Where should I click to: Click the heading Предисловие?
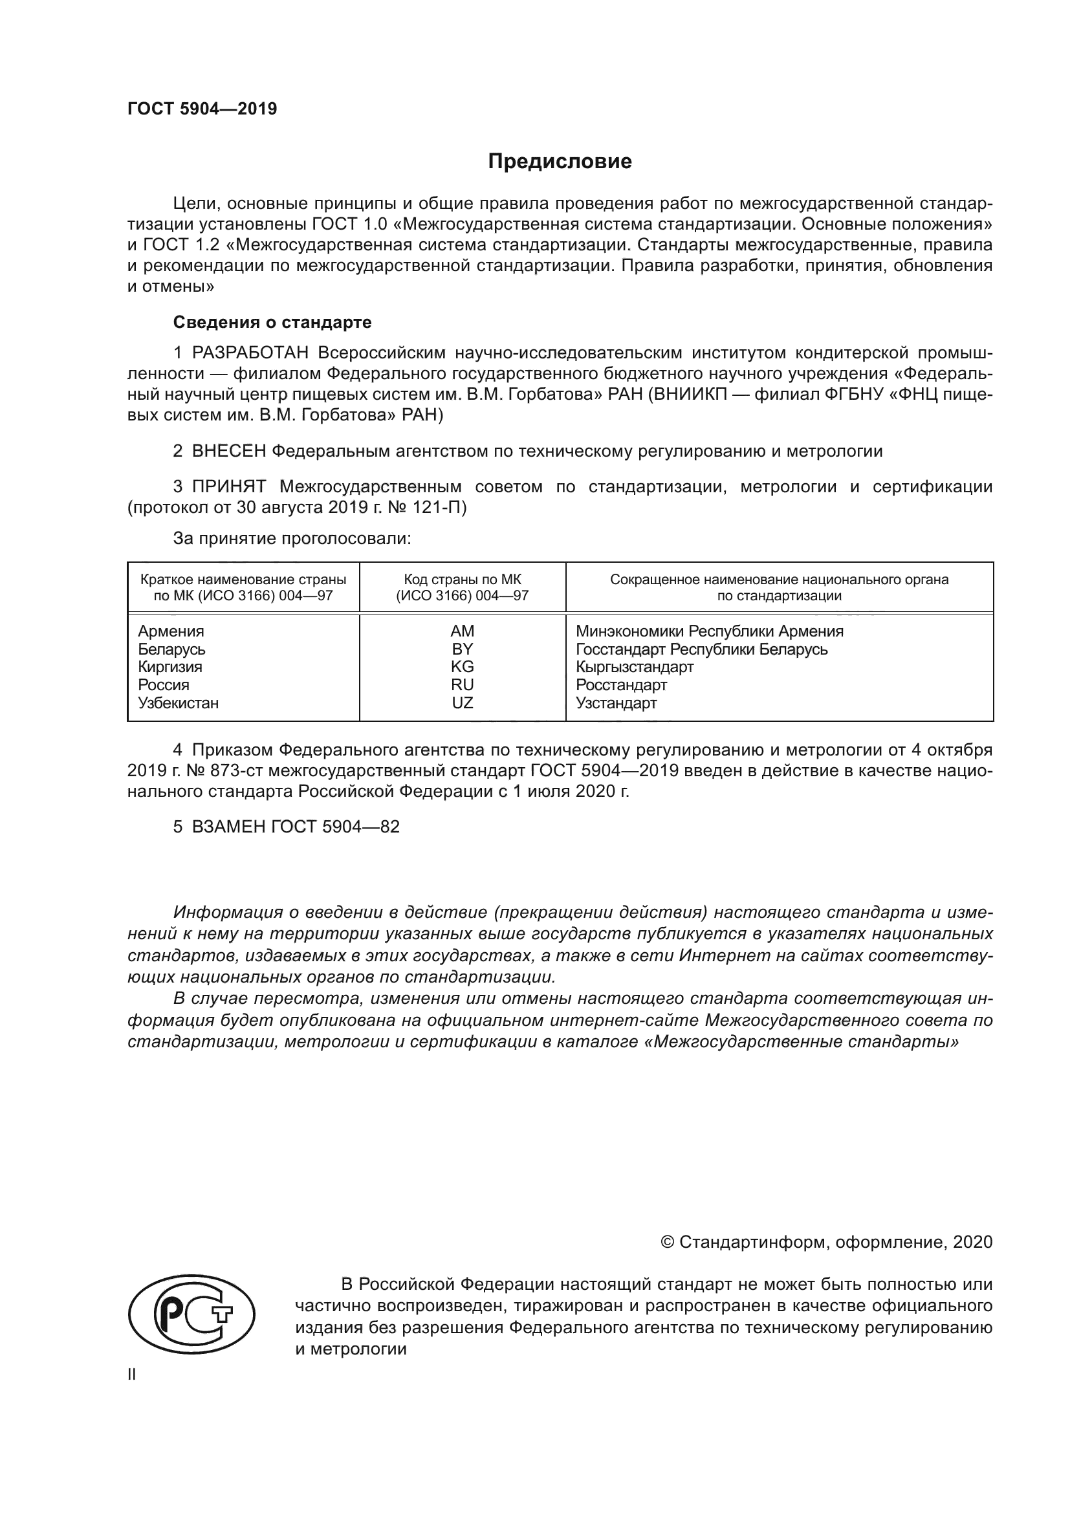pos(560,162)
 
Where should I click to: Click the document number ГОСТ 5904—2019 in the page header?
pos(202,109)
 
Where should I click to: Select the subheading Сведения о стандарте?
pos(272,322)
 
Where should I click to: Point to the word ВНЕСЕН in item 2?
pos(229,452)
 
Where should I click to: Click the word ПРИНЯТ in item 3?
pos(229,487)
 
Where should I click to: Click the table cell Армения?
pos(171,631)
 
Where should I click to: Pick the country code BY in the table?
pos(462,649)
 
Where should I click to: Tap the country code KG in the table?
pos(462,667)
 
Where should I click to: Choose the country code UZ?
pos(462,702)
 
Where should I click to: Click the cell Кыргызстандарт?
pos(635,667)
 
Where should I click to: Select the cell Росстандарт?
pos(621,684)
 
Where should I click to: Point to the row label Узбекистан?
pos(179,702)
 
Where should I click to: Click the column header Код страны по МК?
pos(462,580)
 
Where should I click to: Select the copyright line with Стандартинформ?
pos(826,1242)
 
